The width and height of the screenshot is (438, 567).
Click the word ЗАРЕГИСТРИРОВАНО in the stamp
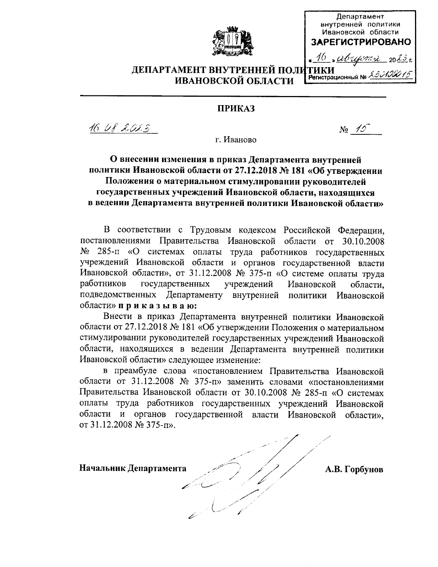(x=361, y=42)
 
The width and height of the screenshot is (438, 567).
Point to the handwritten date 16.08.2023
(x=118, y=129)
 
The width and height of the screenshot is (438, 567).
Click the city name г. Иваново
(x=235, y=140)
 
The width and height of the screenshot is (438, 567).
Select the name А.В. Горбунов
(x=354, y=469)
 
